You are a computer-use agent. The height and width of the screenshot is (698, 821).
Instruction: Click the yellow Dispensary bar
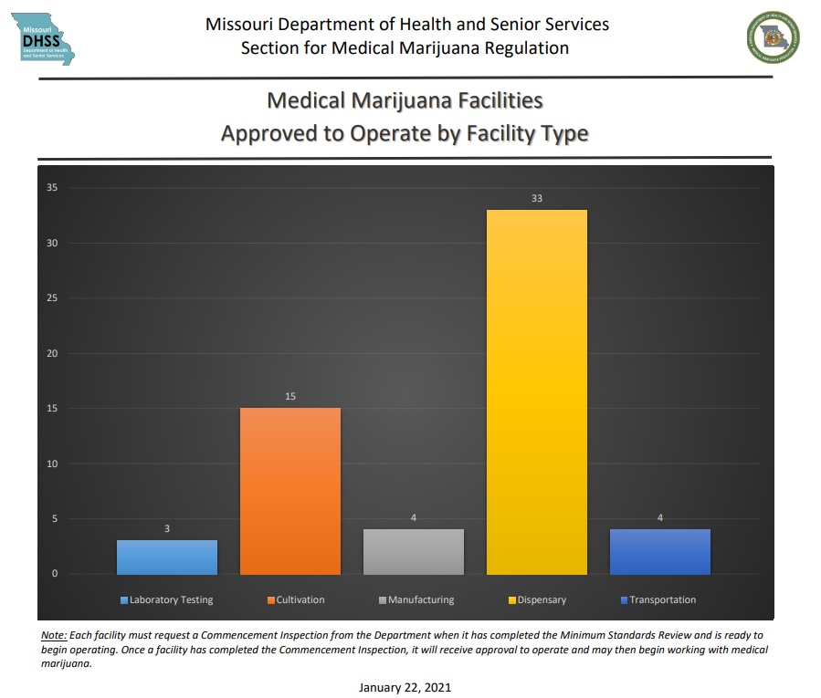[x=536, y=392]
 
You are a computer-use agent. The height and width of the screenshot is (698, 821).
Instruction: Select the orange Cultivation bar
[x=290, y=491]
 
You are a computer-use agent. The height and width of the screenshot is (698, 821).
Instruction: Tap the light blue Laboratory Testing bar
[x=167, y=557]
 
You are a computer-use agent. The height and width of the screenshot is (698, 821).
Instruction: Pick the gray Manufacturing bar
[x=414, y=552]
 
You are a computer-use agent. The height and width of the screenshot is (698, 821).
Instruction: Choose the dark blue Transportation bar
[x=659, y=552]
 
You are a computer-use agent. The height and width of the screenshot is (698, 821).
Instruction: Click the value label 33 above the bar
[x=537, y=198]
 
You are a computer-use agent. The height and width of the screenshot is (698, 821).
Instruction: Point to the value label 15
[x=290, y=396]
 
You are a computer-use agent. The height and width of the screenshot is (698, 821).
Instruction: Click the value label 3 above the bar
[x=167, y=528]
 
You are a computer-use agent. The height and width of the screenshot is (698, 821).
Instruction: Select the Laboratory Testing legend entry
[x=167, y=600]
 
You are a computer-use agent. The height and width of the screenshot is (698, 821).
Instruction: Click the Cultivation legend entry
[x=296, y=600]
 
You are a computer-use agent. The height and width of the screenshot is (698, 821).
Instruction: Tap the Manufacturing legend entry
[x=416, y=600]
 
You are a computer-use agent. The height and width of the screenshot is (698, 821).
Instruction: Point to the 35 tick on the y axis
[x=52, y=188]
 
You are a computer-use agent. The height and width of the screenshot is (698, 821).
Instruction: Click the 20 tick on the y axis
[x=52, y=353]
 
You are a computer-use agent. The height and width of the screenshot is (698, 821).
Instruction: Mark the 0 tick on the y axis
[x=55, y=574]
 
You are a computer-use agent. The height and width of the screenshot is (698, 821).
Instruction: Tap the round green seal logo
[x=773, y=37]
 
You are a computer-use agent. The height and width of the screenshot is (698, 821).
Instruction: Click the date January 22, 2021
[x=405, y=687]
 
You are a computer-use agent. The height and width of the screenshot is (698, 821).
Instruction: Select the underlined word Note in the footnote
[x=53, y=634]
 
